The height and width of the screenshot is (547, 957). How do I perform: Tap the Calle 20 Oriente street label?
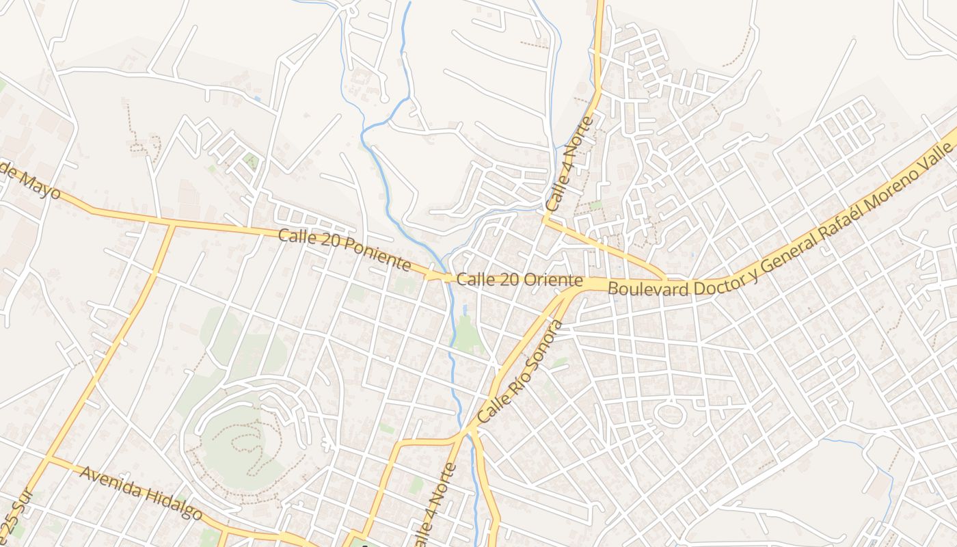point(520,280)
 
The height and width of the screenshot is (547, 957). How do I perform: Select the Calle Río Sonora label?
point(519,371)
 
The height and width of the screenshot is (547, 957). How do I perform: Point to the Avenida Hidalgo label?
point(141,492)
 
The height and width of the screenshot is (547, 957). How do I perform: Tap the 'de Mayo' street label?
point(31,183)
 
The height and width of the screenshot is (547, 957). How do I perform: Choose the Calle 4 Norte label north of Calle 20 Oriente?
point(569,164)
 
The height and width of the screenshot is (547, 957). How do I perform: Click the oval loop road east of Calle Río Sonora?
point(669,414)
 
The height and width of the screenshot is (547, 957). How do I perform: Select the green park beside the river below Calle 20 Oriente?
point(466,335)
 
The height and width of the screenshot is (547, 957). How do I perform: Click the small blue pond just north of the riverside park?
point(465,310)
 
